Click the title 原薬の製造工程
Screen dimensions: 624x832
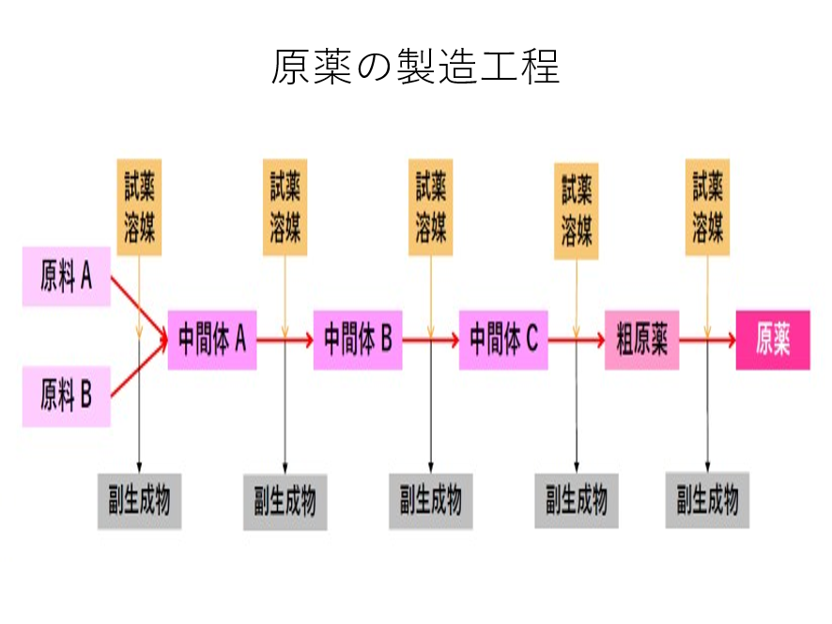[415, 67]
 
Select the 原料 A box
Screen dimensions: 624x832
[67, 277]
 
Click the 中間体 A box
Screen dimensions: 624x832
[212, 339]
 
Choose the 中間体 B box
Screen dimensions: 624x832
[358, 339]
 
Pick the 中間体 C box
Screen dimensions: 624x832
[503, 339]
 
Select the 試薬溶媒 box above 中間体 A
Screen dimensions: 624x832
[140, 207]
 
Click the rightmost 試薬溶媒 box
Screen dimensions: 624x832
[707, 207]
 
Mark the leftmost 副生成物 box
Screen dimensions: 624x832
[139, 502]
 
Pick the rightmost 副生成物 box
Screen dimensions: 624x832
[707, 502]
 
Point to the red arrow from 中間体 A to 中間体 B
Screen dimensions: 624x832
[285, 339]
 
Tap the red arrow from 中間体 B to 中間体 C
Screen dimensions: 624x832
[430, 339]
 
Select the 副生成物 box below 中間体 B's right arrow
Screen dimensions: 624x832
[431, 502]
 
